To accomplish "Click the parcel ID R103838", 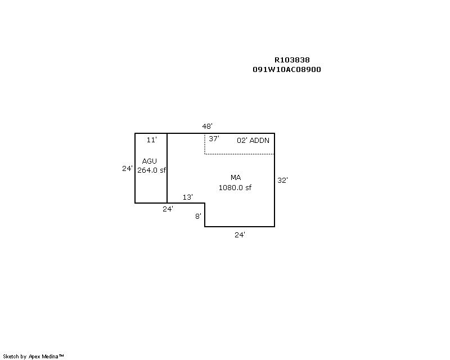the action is (292, 60).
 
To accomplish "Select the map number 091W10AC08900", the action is (287, 70).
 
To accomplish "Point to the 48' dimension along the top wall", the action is (207, 126).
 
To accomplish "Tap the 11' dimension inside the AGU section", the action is (151, 140).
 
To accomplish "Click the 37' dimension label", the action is (214, 139).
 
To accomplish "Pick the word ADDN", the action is (259, 141).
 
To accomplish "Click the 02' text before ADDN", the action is (242, 141).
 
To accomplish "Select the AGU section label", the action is (149, 161).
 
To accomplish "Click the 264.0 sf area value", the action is (151, 170).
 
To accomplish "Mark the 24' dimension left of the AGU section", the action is (127, 169).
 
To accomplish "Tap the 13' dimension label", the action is (188, 197).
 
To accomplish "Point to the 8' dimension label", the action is (198, 216).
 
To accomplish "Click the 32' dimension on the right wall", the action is (282, 181).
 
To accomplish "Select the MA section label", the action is (236, 178).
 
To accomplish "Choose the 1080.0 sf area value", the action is (235, 188).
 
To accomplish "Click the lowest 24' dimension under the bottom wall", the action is (240, 235).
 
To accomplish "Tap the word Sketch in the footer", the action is (11, 357).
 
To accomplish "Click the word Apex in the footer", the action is (34, 357).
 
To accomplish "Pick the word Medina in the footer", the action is (50, 357).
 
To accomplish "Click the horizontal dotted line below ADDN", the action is (240, 154).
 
